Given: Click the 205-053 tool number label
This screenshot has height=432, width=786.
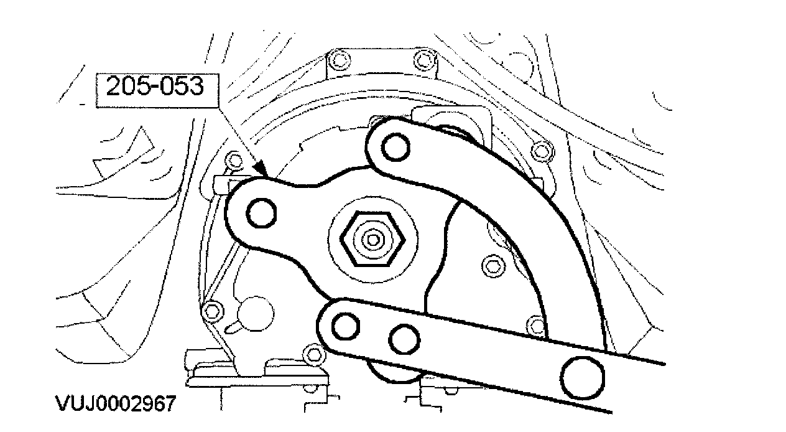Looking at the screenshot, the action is [x=154, y=86].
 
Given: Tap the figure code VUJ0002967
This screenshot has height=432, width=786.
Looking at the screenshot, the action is [x=116, y=403].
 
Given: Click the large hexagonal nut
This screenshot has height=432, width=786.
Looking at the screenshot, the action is [x=372, y=240].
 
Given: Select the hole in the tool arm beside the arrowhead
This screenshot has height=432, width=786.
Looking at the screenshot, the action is [x=261, y=213].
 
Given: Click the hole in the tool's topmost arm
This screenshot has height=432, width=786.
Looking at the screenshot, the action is [x=395, y=148].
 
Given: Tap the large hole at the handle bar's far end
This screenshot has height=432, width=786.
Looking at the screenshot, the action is [x=583, y=378].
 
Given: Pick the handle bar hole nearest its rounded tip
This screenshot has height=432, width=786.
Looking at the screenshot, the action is [x=345, y=326].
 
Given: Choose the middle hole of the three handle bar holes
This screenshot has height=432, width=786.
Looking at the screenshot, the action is [x=404, y=340].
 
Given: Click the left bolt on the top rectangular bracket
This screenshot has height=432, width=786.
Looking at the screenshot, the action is [x=339, y=60].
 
